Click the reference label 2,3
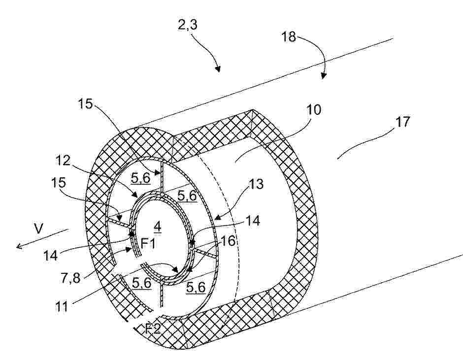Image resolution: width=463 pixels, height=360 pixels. click(x=188, y=25)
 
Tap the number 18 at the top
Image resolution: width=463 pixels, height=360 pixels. click(x=289, y=37)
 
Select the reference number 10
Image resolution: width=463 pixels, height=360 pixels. click(x=314, y=110)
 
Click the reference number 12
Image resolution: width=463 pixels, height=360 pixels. click(x=63, y=161)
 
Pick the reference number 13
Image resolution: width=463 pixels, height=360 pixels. click(x=256, y=184)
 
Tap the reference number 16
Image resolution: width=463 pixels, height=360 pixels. click(x=228, y=241)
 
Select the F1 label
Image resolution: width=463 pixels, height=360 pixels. click(x=148, y=243)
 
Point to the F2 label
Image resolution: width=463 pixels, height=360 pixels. click(x=153, y=328)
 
